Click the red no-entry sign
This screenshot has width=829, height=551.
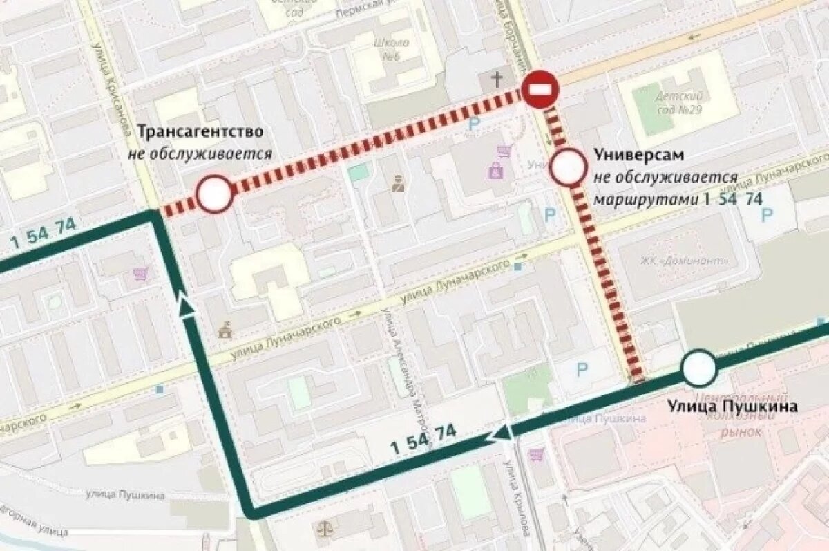(x=540, y=88)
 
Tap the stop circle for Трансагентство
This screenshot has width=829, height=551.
(x=213, y=194)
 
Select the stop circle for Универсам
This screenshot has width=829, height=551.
(x=569, y=167)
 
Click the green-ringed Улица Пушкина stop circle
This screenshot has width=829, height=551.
(x=699, y=368)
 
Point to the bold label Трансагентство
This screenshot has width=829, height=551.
(x=200, y=131)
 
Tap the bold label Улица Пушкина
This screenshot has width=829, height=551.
(x=732, y=406)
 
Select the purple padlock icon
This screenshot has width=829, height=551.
(x=495, y=170)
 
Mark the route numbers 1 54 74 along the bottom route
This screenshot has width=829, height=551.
(x=423, y=438)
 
